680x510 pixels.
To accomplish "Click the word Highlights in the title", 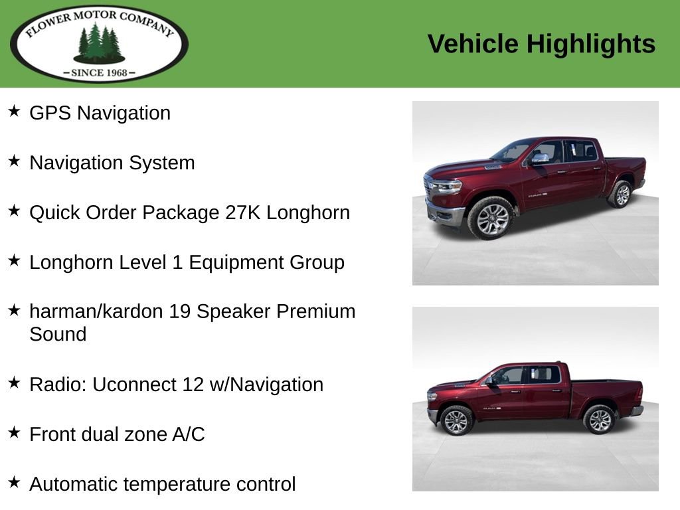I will [x=591, y=44].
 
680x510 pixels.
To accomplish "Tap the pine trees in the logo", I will [x=99, y=42].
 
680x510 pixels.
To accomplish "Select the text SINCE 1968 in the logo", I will [x=100, y=72].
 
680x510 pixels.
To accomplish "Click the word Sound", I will [x=58, y=334].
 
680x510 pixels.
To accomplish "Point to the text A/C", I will [x=189, y=434].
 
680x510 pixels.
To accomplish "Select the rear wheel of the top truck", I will [x=622, y=194].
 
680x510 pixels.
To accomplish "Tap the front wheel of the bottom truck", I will [x=456, y=420].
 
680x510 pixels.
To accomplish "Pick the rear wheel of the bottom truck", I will [x=600, y=419].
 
